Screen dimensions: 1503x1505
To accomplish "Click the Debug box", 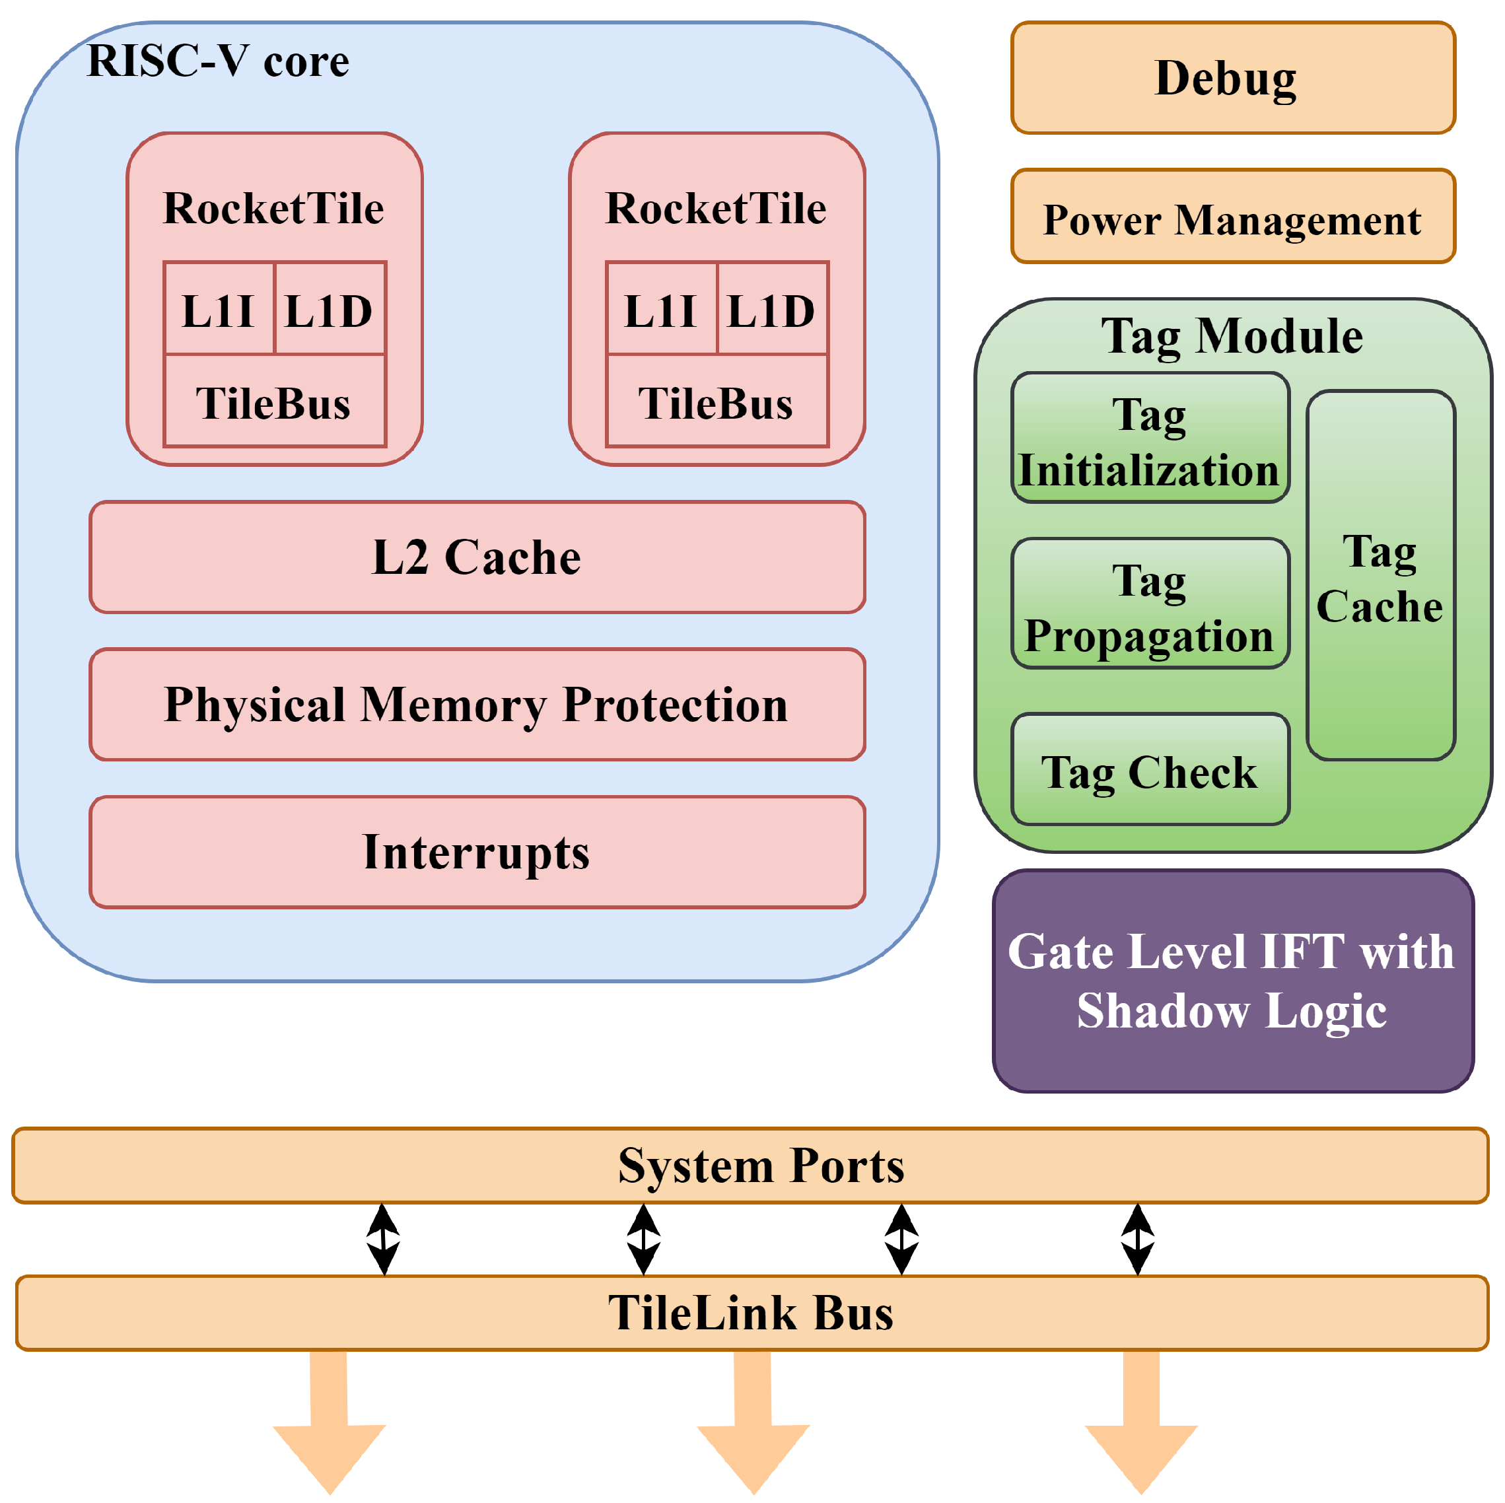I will pos(1232,78).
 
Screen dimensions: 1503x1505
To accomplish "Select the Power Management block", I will pos(1232,217).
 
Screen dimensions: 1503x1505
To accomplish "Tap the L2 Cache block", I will pos(477,557).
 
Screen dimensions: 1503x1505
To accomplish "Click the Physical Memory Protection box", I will pos(477,705).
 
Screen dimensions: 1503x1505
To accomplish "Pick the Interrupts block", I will pos(477,852).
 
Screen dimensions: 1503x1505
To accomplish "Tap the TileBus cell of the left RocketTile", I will pos(274,402).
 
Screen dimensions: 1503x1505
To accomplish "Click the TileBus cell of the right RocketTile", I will pos(717,402).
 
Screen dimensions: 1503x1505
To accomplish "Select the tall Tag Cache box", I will pos(1380,577).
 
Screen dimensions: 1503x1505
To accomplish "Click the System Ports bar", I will pos(751,1166).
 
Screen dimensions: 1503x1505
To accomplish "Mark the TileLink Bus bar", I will pos(751,1313).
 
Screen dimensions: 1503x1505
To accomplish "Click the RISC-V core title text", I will pos(219,61).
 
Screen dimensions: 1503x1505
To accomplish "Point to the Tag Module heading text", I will pos(1232,337).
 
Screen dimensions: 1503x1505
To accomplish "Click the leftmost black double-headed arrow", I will pos(383,1239).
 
